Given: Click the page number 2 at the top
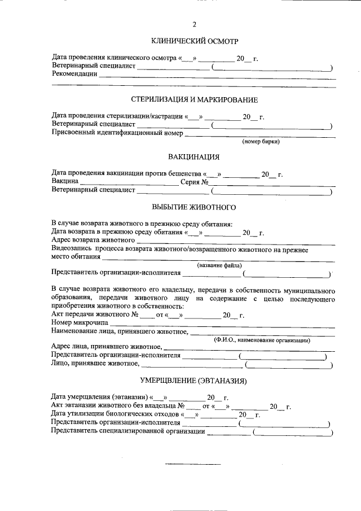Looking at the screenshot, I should point(195,24).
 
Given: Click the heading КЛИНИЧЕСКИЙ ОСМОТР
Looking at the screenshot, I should point(195,41).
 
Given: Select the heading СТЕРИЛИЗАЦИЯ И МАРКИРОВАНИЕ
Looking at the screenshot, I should point(195,100).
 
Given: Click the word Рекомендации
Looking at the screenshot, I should point(74,74).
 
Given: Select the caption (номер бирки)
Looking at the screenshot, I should point(261,142).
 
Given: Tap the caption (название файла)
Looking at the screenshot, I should point(219,265).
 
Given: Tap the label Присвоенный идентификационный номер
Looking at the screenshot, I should point(117,134).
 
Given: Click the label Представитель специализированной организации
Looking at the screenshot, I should point(128,432).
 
